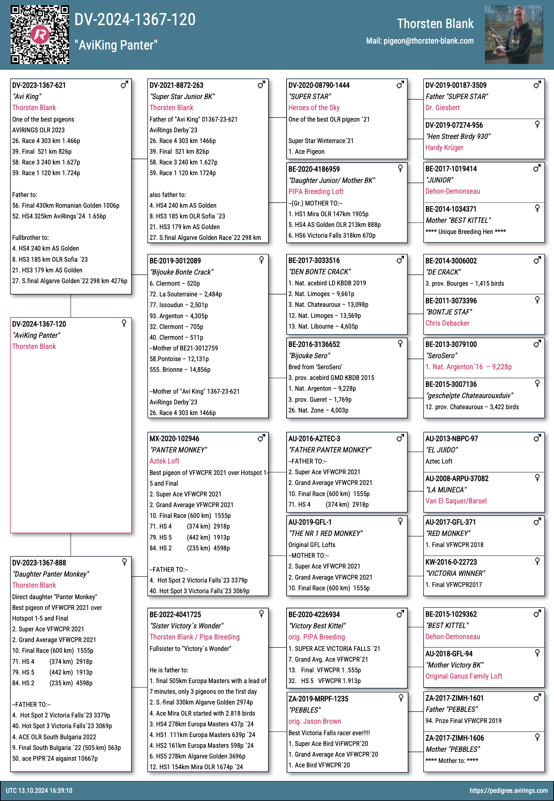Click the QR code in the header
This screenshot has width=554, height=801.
pos(40,35)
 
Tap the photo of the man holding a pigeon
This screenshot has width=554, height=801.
pos(514,35)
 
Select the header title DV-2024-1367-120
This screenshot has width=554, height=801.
pos(135,20)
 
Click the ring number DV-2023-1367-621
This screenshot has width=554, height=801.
pos(39,85)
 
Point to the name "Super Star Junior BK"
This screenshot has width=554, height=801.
pos(182,97)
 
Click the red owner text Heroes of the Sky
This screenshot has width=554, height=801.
pos(314,108)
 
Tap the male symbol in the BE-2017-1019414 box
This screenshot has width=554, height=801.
pos(537,169)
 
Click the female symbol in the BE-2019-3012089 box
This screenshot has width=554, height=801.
pos(261,260)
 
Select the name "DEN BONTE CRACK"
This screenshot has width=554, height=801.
pos(319,272)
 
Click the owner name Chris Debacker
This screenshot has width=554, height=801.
pos(447,323)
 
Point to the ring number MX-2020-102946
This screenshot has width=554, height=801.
pos(174,439)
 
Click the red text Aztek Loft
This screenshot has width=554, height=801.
pos(164,461)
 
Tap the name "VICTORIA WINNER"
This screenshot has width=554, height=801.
pos(455,574)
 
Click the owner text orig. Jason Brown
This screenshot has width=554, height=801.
pos(315,722)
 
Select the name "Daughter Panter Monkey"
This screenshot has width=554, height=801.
pos(51,574)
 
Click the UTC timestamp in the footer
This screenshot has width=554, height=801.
pos(39,791)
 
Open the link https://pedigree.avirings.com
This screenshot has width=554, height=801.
pos(509,791)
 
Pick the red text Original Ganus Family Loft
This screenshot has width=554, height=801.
pos(464,676)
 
